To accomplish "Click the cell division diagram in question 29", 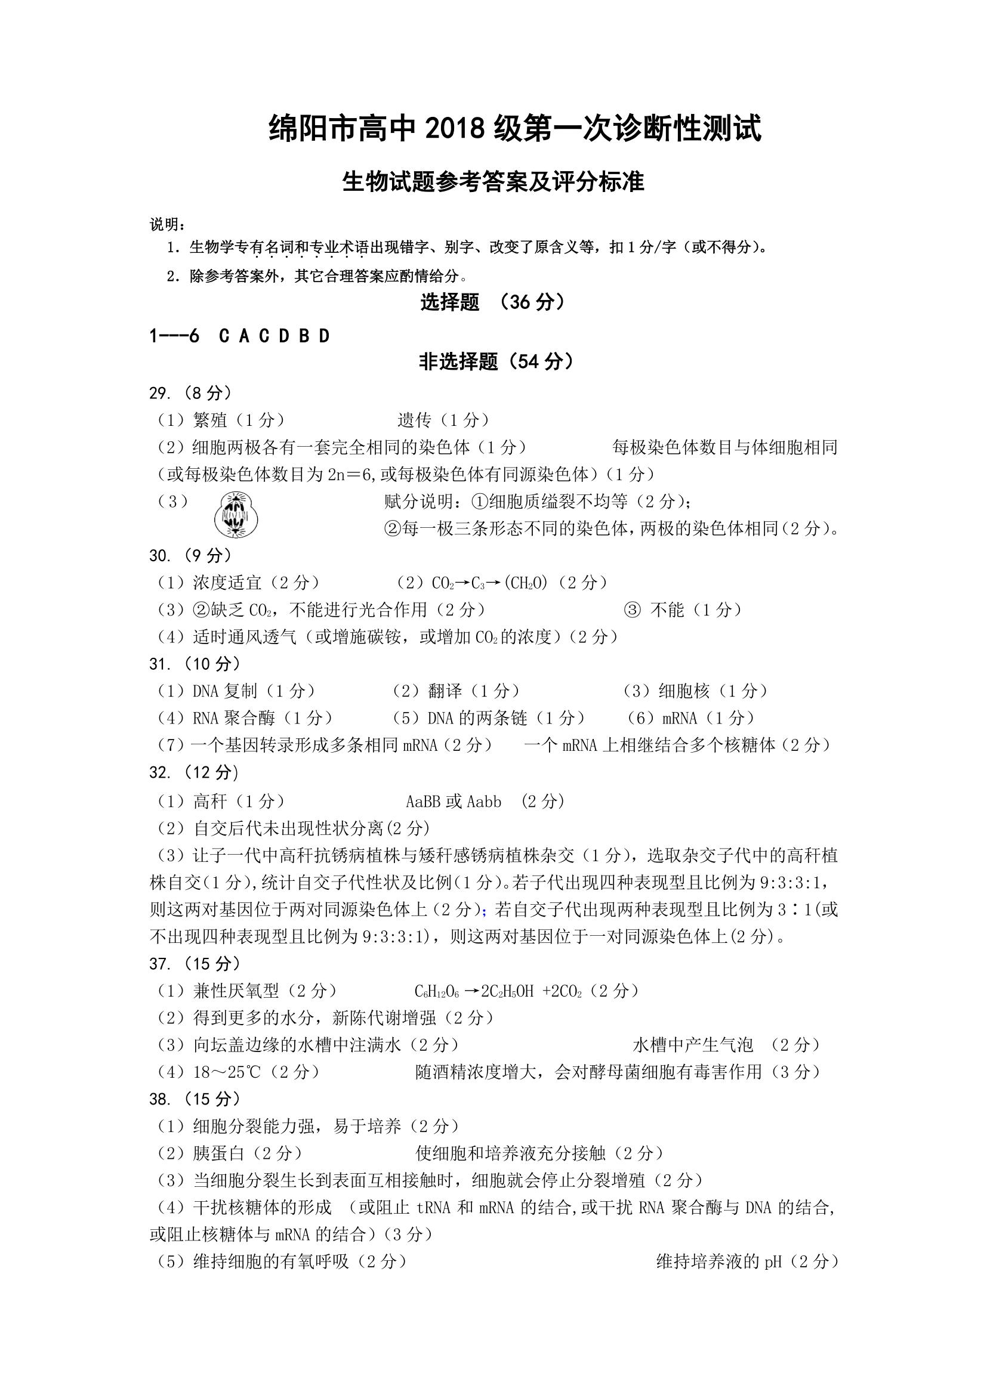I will [236, 514].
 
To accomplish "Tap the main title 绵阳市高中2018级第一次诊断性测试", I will [514, 130].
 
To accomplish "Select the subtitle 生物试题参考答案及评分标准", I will [493, 182].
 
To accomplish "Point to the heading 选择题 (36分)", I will [493, 302].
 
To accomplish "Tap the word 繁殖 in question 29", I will [209, 420].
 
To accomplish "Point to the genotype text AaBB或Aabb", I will [454, 802].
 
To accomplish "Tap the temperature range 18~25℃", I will [227, 1072].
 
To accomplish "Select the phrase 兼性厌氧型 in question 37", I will [236, 991].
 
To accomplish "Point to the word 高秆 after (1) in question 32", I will [209, 802].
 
